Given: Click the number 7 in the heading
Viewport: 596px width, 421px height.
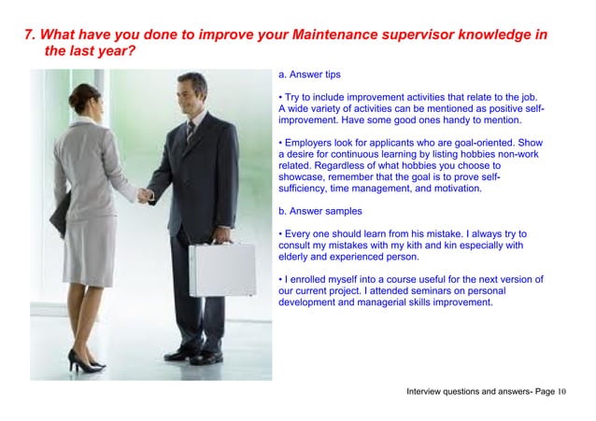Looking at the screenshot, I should click(x=29, y=35).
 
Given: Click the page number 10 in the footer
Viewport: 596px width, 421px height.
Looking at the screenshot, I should click(x=563, y=390).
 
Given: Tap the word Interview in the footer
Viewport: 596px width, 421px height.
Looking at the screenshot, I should click(x=427, y=390).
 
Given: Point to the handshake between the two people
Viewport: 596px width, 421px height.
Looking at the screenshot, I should click(x=145, y=195).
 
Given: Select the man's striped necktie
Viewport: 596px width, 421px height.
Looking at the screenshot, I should click(x=190, y=131).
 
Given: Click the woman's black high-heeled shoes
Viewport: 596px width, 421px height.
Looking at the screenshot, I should click(x=85, y=361).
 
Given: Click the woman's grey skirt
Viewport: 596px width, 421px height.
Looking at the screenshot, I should click(x=90, y=246).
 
